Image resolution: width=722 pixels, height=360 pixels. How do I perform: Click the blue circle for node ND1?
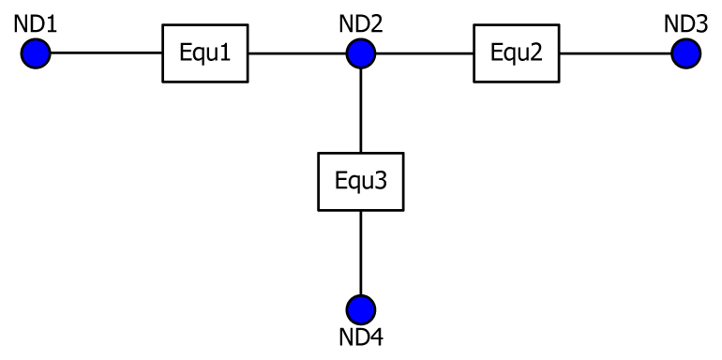(36, 53)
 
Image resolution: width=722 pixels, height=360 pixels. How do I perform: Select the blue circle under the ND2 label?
(361, 53)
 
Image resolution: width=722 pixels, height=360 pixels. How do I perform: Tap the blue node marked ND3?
(686, 53)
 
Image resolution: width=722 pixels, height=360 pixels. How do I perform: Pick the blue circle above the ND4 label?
(361, 308)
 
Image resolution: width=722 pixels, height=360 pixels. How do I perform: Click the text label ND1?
(36, 23)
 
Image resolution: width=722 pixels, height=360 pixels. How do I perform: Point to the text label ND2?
(361, 23)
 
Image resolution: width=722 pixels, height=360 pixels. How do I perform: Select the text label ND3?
(685, 23)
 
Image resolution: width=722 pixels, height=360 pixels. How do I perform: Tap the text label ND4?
(361, 337)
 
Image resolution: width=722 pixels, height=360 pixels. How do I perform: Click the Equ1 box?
(206, 53)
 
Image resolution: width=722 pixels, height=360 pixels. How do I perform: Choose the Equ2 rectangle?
(516, 53)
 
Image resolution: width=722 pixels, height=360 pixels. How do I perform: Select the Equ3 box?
(361, 181)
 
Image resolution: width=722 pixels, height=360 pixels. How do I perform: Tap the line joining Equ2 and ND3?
(614, 53)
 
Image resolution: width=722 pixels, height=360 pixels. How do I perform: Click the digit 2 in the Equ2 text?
(536, 53)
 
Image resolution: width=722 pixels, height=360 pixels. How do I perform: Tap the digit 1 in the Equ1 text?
(226, 53)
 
